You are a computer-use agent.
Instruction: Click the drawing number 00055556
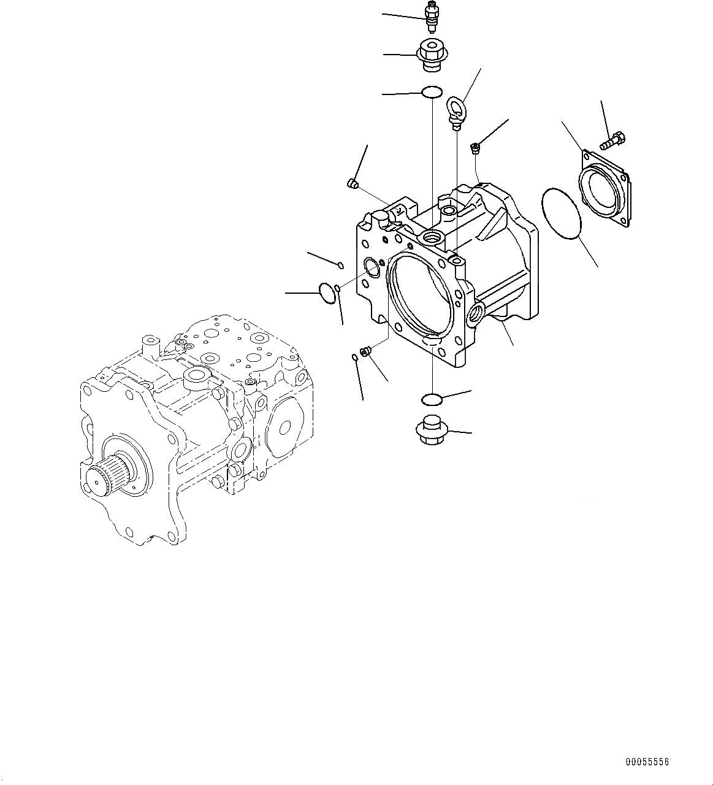(647, 762)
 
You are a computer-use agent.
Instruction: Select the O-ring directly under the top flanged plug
(432, 93)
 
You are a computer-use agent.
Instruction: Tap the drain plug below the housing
(432, 431)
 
